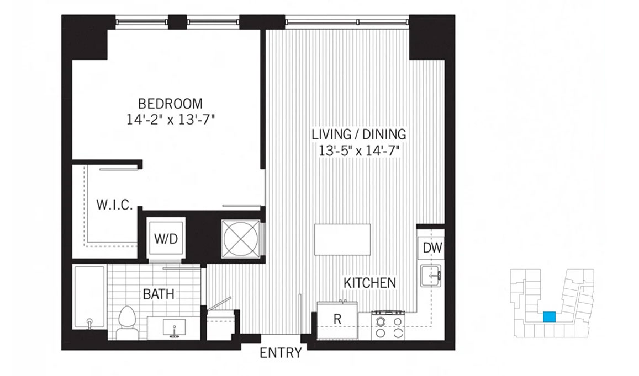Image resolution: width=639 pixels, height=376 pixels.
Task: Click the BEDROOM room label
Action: click(170, 103)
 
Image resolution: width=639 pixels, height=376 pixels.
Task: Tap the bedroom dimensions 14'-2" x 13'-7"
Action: click(170, 120)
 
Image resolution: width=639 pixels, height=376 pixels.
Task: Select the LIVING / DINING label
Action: click(359, 134)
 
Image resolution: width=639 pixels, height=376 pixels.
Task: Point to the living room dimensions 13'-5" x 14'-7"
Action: click(358, 151)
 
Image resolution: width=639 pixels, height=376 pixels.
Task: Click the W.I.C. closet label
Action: click(114, 205)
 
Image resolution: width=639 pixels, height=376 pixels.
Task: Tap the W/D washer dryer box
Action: click(166, 239)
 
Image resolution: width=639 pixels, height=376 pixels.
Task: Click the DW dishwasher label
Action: click(432, 248)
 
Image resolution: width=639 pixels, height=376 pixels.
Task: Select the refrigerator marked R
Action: click(337, 320)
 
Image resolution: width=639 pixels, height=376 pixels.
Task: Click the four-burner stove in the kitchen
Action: click(388, 325)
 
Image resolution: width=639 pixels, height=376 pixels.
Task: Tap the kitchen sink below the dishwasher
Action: click(431, 276)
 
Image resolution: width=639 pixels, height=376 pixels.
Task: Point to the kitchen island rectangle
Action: click(342, 239)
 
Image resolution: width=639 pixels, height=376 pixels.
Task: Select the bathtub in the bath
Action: click(89, 297)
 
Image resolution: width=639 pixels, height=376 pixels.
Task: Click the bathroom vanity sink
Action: click(174, 327)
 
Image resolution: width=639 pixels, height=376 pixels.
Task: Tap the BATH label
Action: click(159, 294)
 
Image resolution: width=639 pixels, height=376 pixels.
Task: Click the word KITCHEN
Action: click(369, 283)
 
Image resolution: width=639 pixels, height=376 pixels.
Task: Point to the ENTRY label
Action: click(281, 353)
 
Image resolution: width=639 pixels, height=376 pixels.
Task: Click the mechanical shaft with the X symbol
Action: click(240, 239)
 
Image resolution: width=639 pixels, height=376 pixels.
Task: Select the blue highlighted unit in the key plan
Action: click(550, 316)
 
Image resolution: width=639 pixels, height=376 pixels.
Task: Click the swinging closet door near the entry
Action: click(219, 304)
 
